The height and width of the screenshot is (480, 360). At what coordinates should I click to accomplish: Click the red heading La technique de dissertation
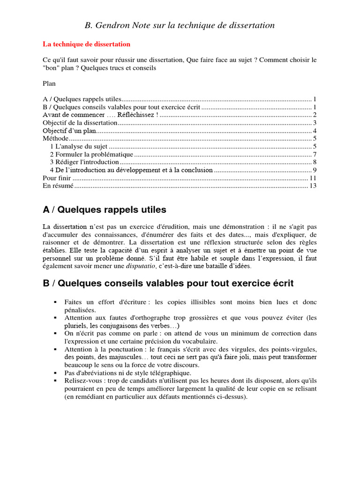86,44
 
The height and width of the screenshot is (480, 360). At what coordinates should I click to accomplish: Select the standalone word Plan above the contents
49,83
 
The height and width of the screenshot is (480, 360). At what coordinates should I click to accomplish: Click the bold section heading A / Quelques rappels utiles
104,210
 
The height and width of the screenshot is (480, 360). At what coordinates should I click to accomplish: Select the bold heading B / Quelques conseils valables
168,283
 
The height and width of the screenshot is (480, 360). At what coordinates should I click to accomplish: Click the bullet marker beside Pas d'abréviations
55,373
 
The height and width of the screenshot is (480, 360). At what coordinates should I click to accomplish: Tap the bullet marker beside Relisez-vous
55,381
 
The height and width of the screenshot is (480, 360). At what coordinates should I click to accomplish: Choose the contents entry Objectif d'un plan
69,130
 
